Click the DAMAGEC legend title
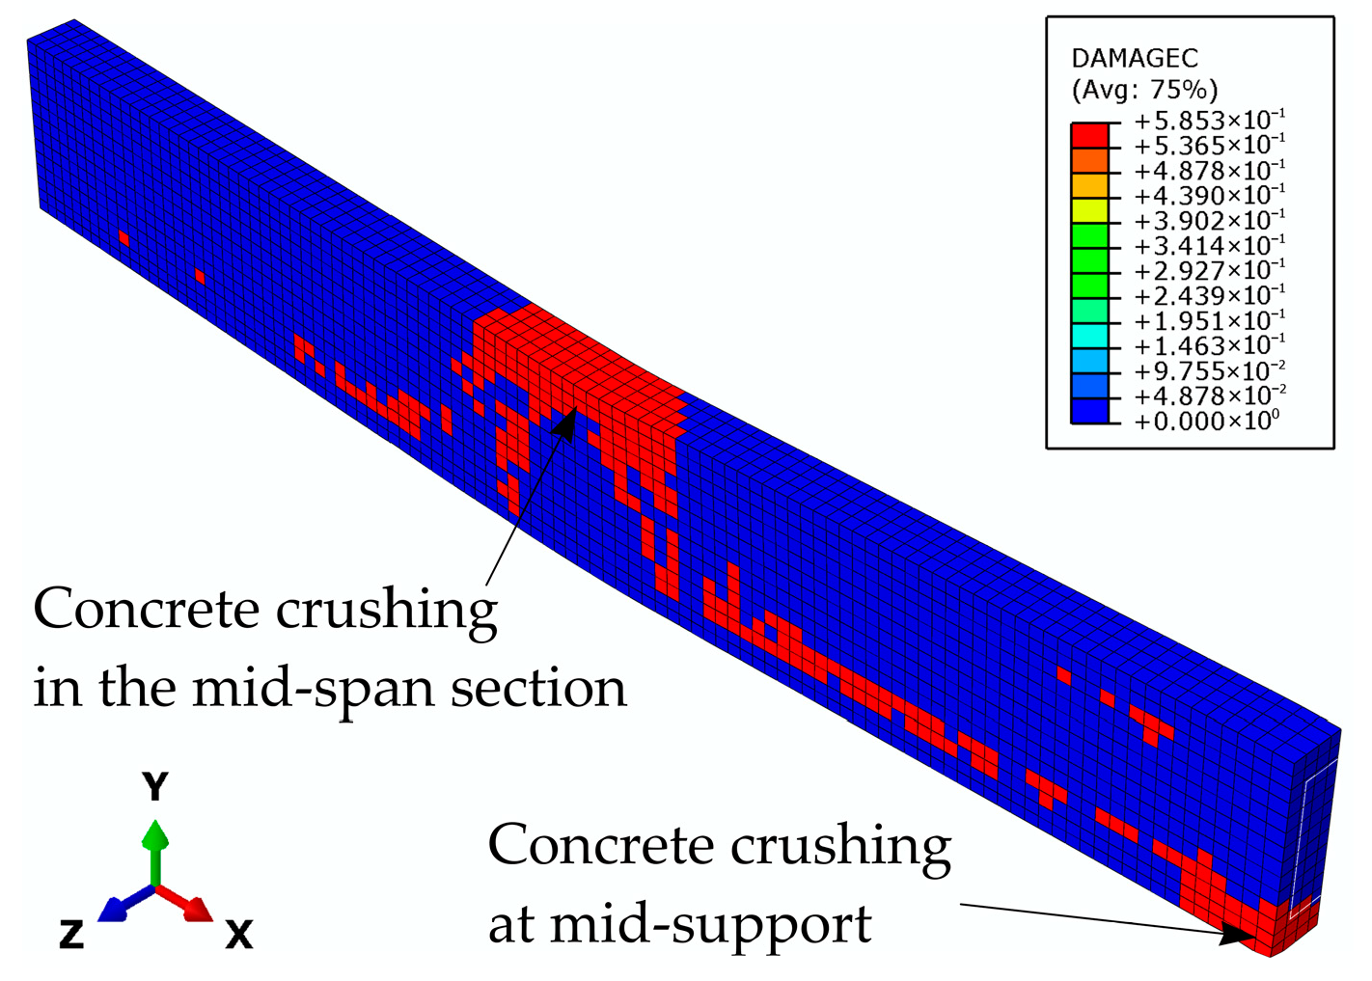tap(1134, 59)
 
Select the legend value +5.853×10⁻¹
tap(1208, 122)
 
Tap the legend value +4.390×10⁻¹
tap(1208, 197)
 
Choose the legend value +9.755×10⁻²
tap(1208, 371)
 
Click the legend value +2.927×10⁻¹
tap(1208, 271)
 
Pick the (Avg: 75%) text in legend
tap(1144, 91)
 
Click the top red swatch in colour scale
tap(1088, 134)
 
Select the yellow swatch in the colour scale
tap(1088, 208)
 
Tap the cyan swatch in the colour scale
tap(1088, 334)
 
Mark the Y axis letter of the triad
tap(155, 787)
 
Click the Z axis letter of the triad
tap(71, 934)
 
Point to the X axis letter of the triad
tap(238, 934)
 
